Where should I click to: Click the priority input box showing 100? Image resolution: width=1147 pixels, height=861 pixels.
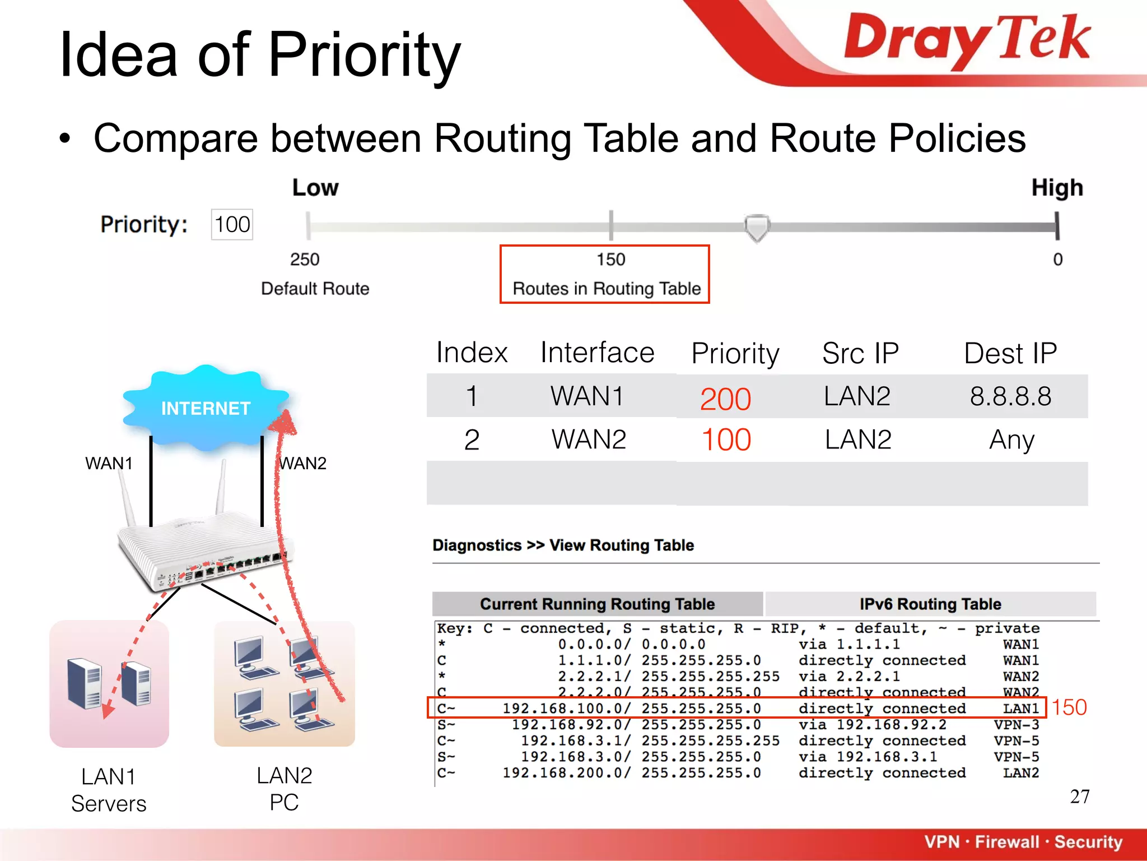pos(232,225)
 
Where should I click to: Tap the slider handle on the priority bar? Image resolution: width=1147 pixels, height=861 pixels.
pos(757,227)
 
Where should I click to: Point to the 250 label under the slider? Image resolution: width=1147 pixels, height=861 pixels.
pos(305,260)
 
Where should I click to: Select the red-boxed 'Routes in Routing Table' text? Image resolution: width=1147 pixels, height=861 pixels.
pos(607,289)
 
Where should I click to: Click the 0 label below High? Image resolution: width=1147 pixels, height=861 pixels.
pos(1057,260)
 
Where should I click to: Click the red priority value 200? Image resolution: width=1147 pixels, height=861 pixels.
pos(725,399)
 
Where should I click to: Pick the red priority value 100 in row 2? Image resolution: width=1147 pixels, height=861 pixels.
pos(726,440)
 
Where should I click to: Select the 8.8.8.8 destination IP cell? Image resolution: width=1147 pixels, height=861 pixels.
pos(1010,397)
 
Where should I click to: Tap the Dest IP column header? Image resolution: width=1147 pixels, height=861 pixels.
pos(1010,354)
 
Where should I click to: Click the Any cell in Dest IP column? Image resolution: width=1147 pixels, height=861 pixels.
pos(1011,440)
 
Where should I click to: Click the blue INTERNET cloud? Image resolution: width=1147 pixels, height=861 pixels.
pos(206,408)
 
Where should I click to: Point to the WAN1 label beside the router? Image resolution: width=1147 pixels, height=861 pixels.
pos(109,464)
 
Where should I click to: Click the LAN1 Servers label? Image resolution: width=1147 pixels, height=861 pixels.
pos(109,790)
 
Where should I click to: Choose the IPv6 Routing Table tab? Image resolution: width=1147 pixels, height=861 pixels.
pos(930,604)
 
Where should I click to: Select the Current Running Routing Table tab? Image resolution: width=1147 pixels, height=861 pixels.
pos(597,604)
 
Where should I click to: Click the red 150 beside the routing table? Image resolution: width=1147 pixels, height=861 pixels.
pos(1069,707)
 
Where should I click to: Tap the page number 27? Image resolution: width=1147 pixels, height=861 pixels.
pos(1079,797)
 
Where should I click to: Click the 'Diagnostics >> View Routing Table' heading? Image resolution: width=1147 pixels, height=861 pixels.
pos(563,545)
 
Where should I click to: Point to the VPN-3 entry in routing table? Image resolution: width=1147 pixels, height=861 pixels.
pos(1016,725)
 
